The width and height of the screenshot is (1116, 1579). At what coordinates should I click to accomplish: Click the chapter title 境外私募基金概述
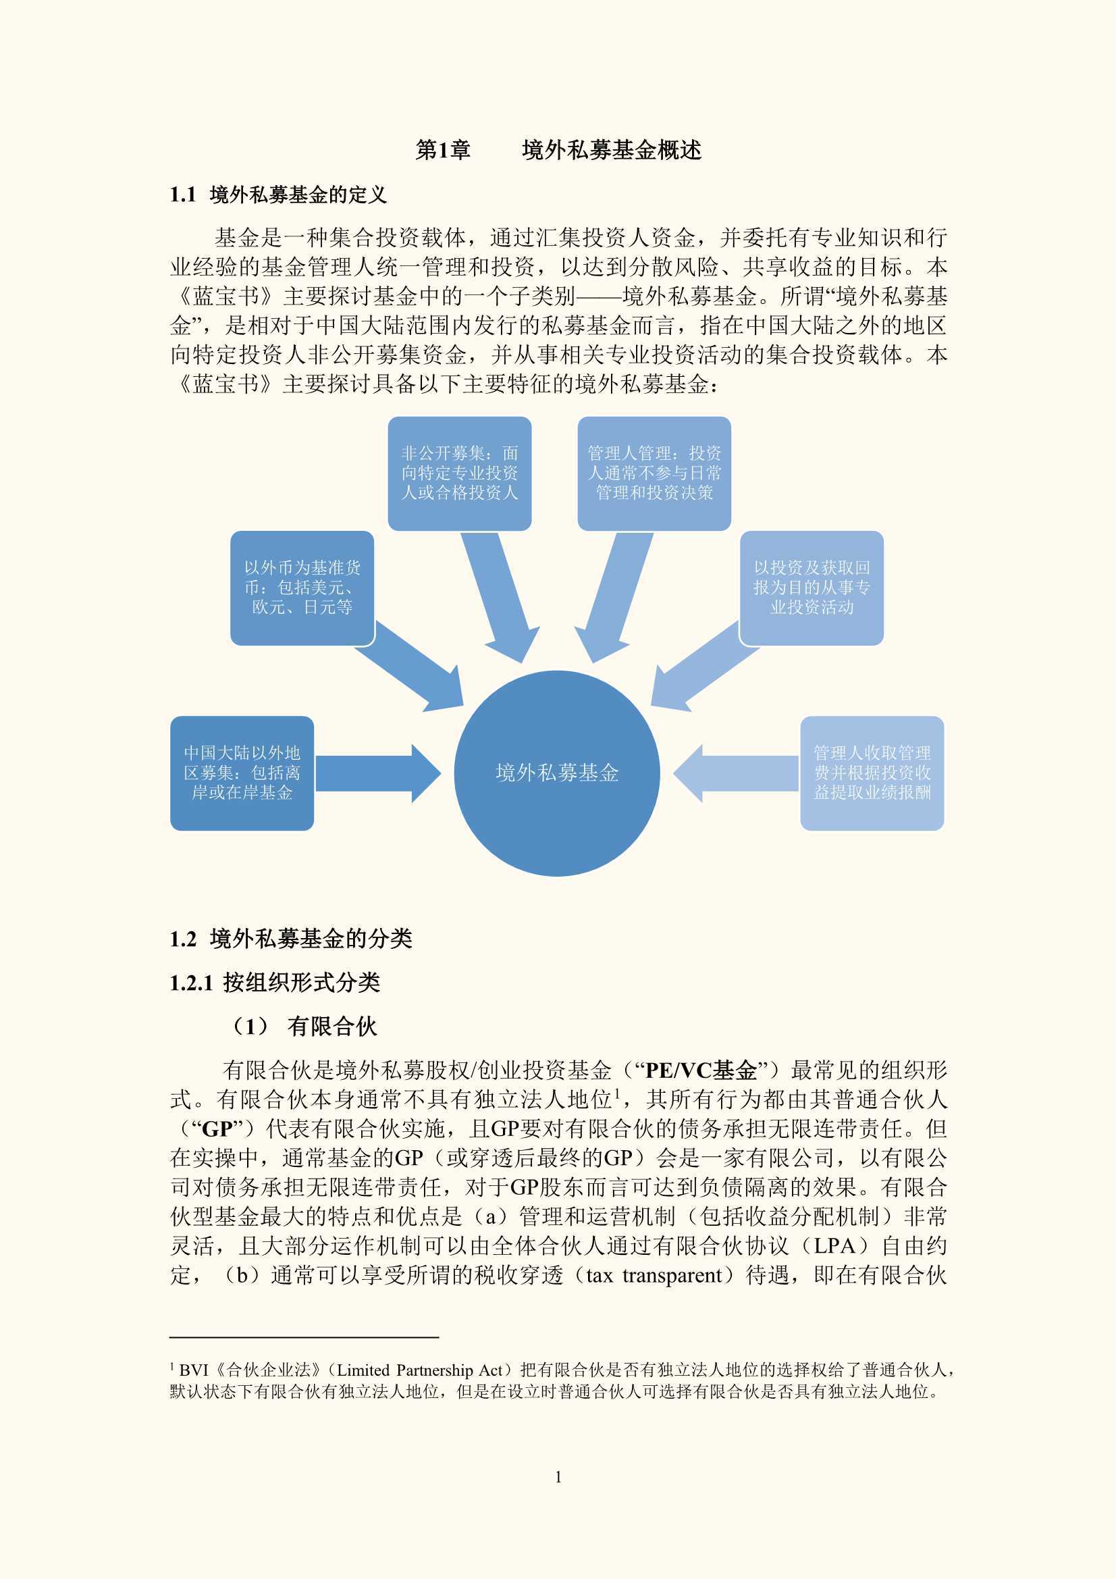click(611, 150)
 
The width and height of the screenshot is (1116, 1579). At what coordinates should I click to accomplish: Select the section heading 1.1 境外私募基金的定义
click(278, 195)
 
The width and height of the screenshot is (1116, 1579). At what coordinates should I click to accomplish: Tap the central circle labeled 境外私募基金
click(557, 773)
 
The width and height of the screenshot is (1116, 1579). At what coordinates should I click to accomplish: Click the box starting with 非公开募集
click(459, 473)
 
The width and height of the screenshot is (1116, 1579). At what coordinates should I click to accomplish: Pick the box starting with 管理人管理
click(654, 473)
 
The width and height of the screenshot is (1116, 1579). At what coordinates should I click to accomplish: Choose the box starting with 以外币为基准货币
click(302, 588)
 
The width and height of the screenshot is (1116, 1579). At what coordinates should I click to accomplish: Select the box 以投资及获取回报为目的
click(812, 588)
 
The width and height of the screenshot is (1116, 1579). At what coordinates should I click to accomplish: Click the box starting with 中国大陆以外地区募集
click(242, 773)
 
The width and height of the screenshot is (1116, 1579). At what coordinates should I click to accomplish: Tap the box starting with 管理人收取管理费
click(872, 773)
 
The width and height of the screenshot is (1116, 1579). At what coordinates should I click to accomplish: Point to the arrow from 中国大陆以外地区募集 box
click(377, 773)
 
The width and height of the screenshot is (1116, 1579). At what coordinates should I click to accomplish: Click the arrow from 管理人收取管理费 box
click(736, 773)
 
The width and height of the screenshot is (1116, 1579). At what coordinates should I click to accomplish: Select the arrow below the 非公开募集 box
click(500, 597)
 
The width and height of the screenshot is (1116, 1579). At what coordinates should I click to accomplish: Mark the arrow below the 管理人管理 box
click(614, 597)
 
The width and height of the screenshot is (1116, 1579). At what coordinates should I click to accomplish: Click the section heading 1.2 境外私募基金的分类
click(291, 939)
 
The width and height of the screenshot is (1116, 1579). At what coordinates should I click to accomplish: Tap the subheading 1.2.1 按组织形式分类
click(275, 983)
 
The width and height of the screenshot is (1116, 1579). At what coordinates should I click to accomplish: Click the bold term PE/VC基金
click(701, 1070)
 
